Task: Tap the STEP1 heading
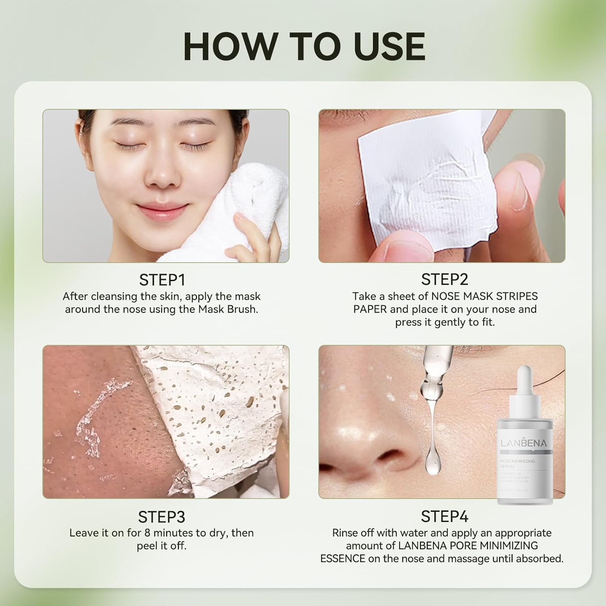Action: click(x=162, y=280)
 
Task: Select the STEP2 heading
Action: click(x=444, y=280)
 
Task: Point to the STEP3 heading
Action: click(x=162, y=517)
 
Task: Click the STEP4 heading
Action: click(x=444, y=516)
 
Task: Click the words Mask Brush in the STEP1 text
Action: click(x=227, y=309)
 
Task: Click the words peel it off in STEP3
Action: click(x=162, y=546)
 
